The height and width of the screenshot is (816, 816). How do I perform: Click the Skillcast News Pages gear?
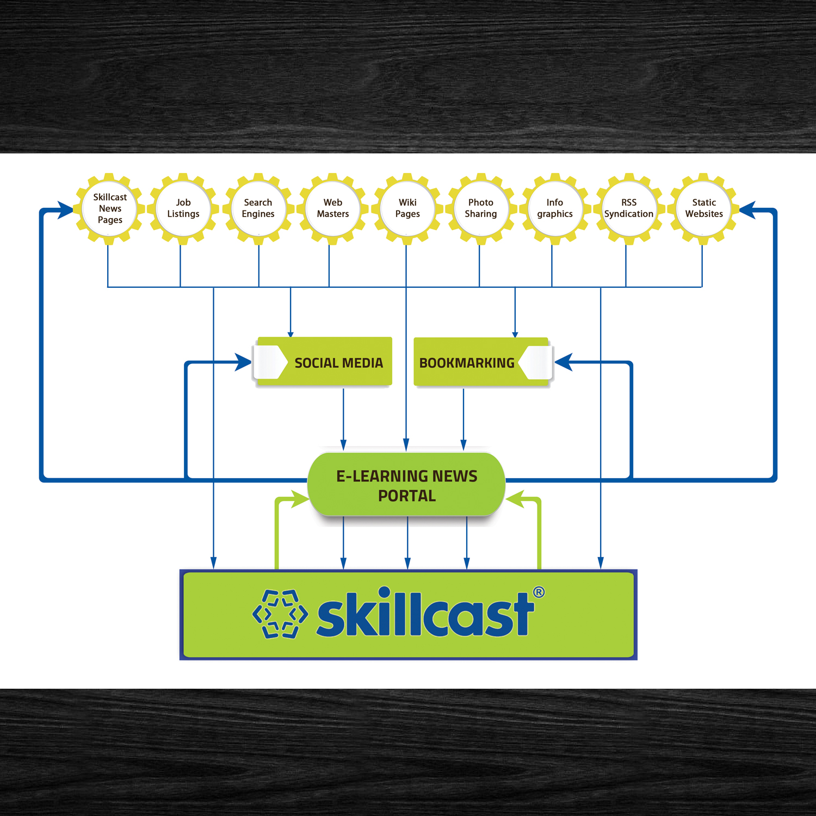tap(109, 208)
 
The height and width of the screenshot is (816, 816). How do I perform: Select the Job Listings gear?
tap(183, 208)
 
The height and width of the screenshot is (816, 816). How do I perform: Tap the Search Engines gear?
tap(258, 208)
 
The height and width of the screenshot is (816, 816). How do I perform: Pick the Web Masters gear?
tap(333, 208)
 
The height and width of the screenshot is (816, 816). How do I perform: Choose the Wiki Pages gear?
tap(407, 208)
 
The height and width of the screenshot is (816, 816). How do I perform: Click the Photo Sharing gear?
tap(481, 208)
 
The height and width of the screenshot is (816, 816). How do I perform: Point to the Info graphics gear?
tap(555, 208)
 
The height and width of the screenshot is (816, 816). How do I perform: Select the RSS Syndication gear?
tap(629, 208)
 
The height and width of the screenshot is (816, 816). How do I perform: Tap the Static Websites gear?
tap(704, 208)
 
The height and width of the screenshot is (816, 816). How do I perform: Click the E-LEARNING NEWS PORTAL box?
tap(407, 485)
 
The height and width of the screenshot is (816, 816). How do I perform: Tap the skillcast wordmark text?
tap(425, 615)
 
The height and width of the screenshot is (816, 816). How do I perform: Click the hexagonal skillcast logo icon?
tap(280, 614)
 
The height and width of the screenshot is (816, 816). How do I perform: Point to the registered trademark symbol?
tap(539, 592)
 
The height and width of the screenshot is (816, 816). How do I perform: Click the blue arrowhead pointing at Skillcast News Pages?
tap(66, 210)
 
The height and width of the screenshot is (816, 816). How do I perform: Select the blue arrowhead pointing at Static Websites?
tap(747, 210)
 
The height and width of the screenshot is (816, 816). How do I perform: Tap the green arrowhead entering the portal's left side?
tap(300, 499)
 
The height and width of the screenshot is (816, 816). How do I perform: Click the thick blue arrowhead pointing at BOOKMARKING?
tap(563, 362)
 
